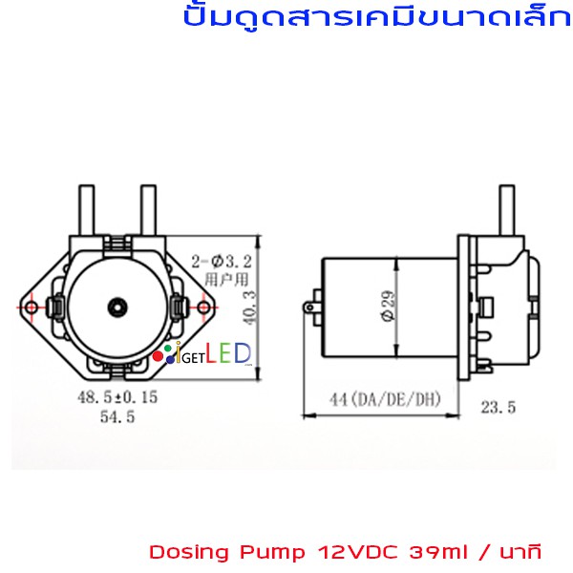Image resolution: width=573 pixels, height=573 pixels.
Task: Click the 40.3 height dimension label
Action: point(250,308)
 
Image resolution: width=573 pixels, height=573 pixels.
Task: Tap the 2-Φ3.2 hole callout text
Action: point(222,262)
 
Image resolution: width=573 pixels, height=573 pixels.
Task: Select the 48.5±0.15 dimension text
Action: point(117,397)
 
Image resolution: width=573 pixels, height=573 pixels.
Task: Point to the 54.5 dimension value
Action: point(117,416)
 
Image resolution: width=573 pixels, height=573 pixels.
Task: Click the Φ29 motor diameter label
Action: point(388,306)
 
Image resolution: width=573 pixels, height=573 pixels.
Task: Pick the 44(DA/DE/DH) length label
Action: point(386,399)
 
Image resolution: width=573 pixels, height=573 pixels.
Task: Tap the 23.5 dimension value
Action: point(499,407)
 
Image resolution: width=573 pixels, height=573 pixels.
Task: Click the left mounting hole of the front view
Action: point(32,308)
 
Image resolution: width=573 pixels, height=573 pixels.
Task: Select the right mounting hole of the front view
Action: point(203,308)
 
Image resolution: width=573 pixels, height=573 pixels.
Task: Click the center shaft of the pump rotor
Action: point(117,308)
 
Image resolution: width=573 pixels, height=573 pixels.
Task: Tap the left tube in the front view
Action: point(87,210)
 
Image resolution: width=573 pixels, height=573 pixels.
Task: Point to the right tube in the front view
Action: point(149,210)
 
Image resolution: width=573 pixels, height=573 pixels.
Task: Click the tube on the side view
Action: point(507,210)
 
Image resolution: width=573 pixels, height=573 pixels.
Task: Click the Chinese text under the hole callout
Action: point(226,280)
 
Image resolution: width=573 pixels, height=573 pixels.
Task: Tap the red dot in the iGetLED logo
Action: point(158,356)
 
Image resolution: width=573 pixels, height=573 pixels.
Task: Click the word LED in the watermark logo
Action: point(228,353)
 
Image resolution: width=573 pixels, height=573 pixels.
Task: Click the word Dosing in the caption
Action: point(190,553)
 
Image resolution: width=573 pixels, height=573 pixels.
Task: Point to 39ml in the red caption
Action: point(438,552)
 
